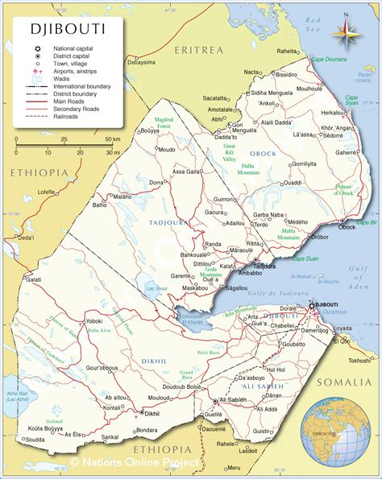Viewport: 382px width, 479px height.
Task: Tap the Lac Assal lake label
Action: point(156,287)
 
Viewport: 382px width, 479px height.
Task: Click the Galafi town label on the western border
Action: point(33,279)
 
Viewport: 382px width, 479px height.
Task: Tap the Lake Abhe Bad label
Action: point(17,395)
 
